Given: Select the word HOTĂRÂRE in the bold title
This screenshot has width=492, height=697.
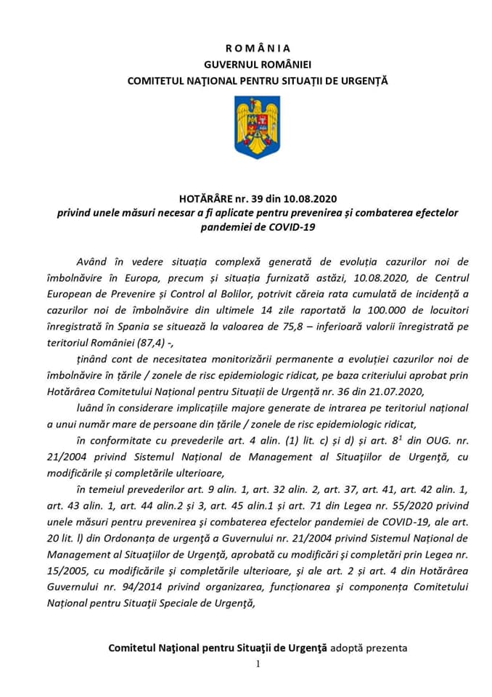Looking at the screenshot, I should pos(205,197).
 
